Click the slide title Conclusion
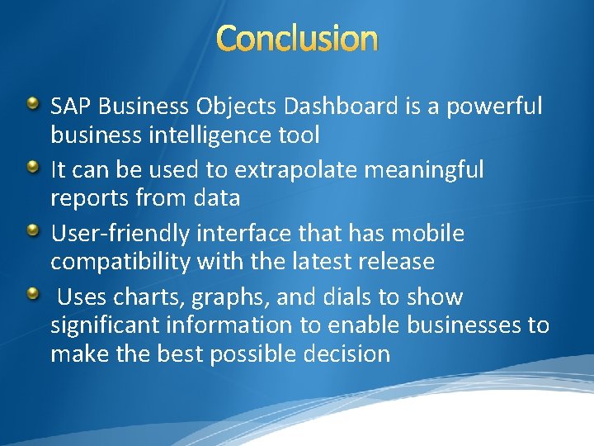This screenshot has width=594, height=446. tap(298, 39)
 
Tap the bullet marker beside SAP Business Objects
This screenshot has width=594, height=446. tap(33, 104)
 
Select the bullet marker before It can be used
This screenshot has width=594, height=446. tap(33, 168)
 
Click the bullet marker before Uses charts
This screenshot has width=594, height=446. tap(33, 295)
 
